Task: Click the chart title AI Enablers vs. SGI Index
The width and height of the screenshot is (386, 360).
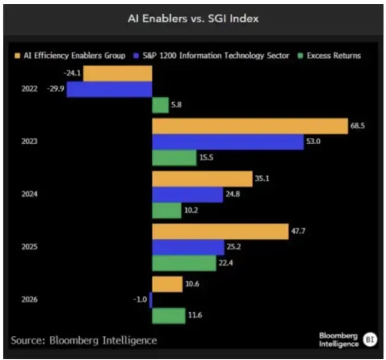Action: tap(193, 18)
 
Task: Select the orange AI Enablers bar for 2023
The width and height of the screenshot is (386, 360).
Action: tap(249, 127)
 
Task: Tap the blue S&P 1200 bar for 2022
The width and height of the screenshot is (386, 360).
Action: tap(109, 89)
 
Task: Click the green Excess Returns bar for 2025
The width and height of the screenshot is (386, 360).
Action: tap(184, 263)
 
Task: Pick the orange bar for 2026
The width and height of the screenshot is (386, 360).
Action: tap(167, 284)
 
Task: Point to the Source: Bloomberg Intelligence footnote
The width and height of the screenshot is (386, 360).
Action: tap(84, 340)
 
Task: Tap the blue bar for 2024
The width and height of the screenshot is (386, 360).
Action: tap(187, 194)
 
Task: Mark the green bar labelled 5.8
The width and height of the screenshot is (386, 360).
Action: tap(160, 105)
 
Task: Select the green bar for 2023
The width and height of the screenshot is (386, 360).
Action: tap(174, 158)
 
